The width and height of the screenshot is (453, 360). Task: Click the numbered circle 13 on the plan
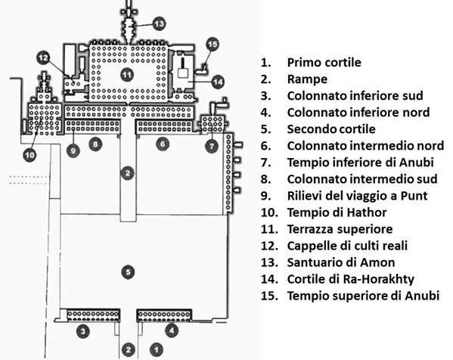coord(159,23)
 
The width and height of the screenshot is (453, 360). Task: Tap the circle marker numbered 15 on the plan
coord(213,44)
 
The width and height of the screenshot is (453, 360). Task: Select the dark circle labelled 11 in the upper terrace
coord(126,75)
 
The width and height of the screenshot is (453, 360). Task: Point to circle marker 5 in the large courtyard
coord(128,272)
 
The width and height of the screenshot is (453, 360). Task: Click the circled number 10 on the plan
coord(29,155)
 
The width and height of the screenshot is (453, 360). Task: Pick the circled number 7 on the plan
coord(212,146)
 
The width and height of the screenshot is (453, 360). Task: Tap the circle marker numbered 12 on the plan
coord(44,58)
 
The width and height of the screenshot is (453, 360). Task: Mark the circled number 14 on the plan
coord(218,82)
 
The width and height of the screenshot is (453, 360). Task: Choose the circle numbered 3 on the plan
coord(83,331)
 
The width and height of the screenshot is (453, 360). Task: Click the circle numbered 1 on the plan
coord(157,349)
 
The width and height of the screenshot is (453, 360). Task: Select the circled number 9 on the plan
coord(73,151)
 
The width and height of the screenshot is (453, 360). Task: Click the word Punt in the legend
coord(414,196)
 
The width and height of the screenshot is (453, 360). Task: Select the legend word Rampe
coord(307,79)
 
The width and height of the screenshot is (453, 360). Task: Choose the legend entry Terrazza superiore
coord(340,229)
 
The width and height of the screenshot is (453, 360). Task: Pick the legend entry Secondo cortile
coord(331,129)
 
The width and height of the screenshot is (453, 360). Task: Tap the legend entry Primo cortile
coord(324,63)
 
